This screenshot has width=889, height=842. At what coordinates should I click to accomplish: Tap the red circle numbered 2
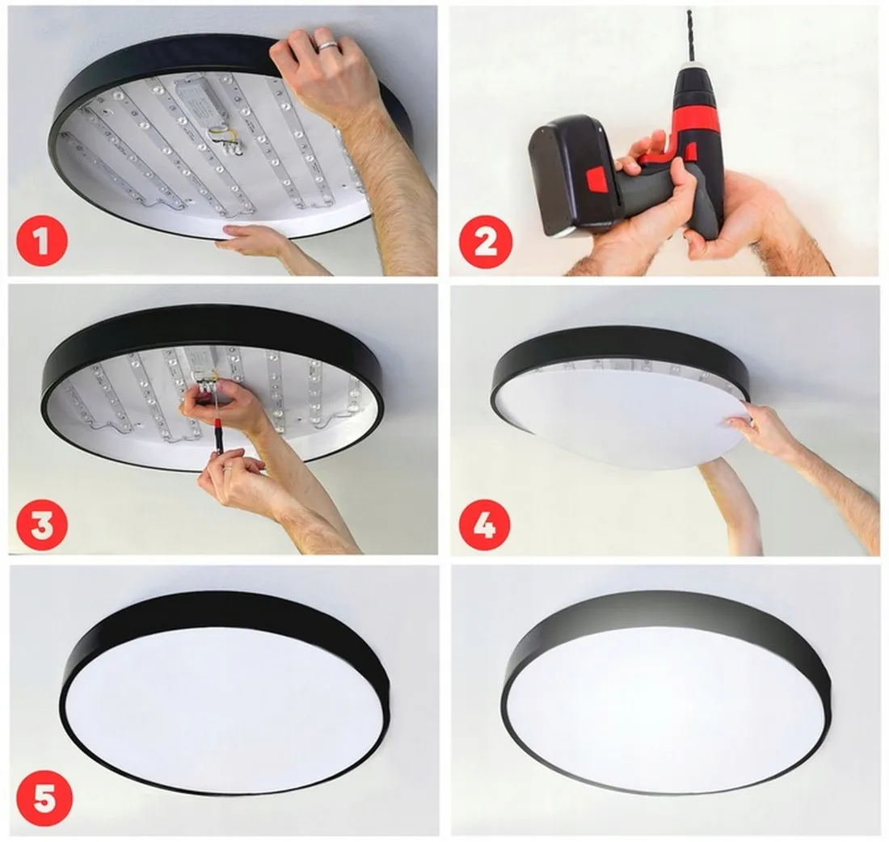click(486, 240)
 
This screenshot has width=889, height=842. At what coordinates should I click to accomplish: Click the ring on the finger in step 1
click(327, 46)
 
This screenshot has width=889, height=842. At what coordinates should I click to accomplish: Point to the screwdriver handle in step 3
click(217, 440)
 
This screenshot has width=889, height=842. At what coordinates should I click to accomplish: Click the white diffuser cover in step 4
click(622, 416)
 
